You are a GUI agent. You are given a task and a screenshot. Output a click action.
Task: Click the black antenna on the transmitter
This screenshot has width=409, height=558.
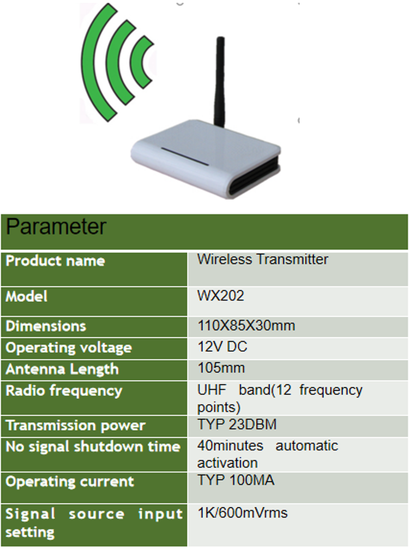tap(219, 82)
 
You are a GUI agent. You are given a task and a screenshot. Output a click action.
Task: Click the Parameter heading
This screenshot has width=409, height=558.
tap(56, 226)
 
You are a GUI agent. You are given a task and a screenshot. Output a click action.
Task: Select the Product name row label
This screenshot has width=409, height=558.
tap(56, 261)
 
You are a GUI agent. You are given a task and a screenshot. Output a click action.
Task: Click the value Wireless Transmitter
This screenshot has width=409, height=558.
tap(263, 259)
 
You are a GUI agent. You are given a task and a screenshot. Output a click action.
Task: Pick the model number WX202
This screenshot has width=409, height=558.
tap(221, 296)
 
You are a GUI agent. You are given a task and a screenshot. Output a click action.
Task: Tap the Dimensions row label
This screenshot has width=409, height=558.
tap(46, 326)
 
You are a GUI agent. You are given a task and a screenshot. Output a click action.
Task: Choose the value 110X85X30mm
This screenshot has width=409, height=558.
tap(246, 326)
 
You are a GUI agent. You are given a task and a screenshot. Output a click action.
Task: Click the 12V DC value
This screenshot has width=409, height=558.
tap(222, 346)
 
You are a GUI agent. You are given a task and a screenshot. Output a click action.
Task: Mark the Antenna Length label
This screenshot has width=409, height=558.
tap(62, 369)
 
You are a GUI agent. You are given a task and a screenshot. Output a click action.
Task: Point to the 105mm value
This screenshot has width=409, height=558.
tap(221, 368)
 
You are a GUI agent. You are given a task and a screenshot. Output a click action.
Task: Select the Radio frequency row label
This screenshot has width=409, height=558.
tap(64, 391)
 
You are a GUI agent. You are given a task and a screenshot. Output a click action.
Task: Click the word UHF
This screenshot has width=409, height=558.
tap(212, 390)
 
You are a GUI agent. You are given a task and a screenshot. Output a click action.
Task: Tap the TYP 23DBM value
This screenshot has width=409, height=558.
tap(237, 424)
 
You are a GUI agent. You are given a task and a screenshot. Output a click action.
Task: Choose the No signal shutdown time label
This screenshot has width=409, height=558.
tap(93, 447)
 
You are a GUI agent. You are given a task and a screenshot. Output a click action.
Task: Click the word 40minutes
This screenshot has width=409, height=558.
tap(231, 446)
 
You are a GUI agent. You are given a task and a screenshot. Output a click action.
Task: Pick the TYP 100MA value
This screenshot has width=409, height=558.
tap(236, 480)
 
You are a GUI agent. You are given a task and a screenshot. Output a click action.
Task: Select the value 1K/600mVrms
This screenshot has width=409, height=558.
tap(243, 513)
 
